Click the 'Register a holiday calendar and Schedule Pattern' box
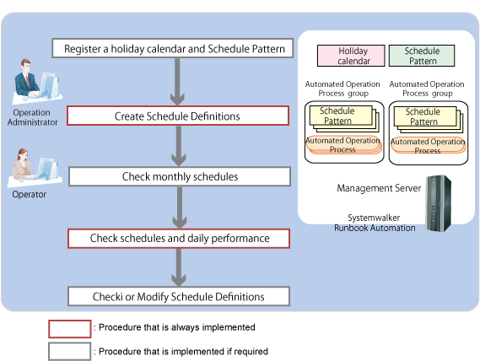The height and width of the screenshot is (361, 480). pyautogui.click(x=173, y=48)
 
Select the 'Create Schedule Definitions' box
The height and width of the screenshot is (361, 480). pyautogui.click(x=178, y=116)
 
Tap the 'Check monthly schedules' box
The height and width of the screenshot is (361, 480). pyautogui.click(x=180, y=176)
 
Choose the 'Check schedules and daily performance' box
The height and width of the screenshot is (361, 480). pyautogui.click(x=179, y=238)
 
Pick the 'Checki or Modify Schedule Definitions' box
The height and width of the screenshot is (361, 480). pyautogui.click(x=179, y=296)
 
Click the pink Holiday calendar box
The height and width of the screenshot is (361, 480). pyautogui.click(x=351, y=56)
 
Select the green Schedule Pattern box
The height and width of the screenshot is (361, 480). pyautogui.click(x=422, y=56)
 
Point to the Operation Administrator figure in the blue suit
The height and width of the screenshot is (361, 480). pyautogui.click(x=36, y=81)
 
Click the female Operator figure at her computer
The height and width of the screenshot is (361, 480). pyautogui.click(x=35, y=168)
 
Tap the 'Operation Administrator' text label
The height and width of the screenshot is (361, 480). pyautogui.click(x=32, y=117)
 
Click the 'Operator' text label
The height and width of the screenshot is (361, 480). pyautogui.click(x=29, y=195)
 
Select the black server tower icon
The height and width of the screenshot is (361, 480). pyautogui.click(x=439, y=203)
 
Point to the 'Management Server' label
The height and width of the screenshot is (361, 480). pyautogui.click(x=379, y=188)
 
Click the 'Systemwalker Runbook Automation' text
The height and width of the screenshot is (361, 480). pyautogui.click(x=375, y=223)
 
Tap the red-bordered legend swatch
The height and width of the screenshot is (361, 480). pyautogui.click(x=69, y=329)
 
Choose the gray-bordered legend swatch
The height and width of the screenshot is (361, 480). pyautogui.click(x=69, y=351)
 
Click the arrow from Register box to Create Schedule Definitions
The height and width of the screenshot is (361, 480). pyautogui.click(x=177, y=82)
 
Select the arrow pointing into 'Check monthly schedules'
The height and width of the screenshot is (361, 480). pyautogui.click(x=179, y=146)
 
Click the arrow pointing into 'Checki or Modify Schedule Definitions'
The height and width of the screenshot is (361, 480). pyautogui.click(x=179, y=267)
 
